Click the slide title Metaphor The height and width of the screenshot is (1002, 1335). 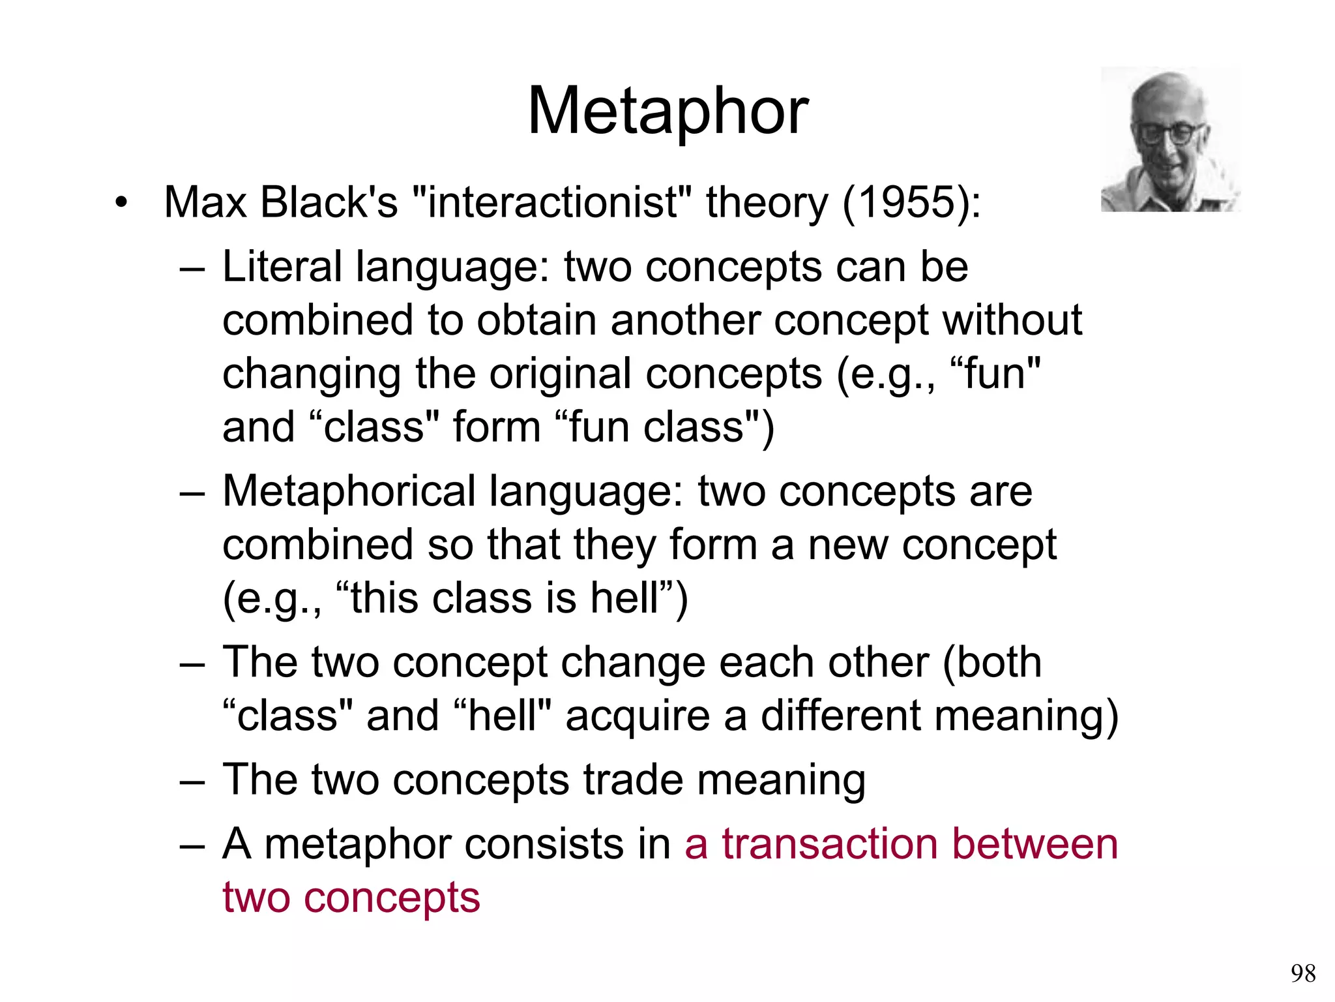667,112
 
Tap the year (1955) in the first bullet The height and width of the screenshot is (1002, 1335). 911,202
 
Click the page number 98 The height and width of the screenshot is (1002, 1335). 1302,973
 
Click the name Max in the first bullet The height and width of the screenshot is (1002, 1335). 205,202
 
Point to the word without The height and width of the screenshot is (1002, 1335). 1012,320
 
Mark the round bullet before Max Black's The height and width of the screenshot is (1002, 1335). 120,203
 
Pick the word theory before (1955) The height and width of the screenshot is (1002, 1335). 767,204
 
